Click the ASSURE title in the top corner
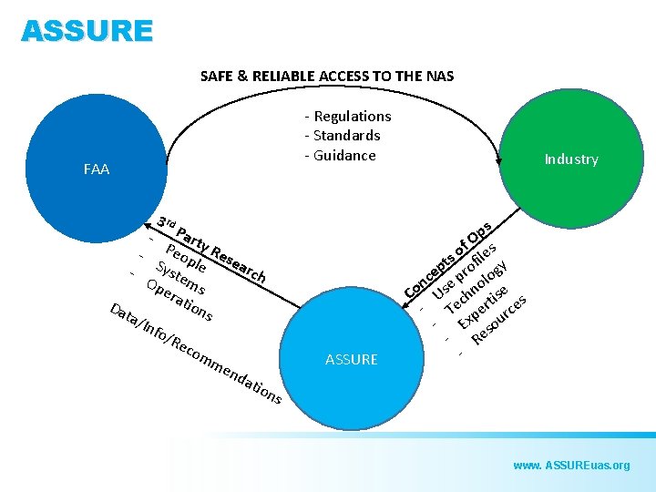tap(87, 32)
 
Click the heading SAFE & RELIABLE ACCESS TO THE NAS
tap(327, 77)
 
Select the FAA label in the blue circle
tap(96, 169)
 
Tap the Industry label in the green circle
tap(571, 159)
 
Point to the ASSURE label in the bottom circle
tap(351, 360)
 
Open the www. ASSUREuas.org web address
tap(571, 466)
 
